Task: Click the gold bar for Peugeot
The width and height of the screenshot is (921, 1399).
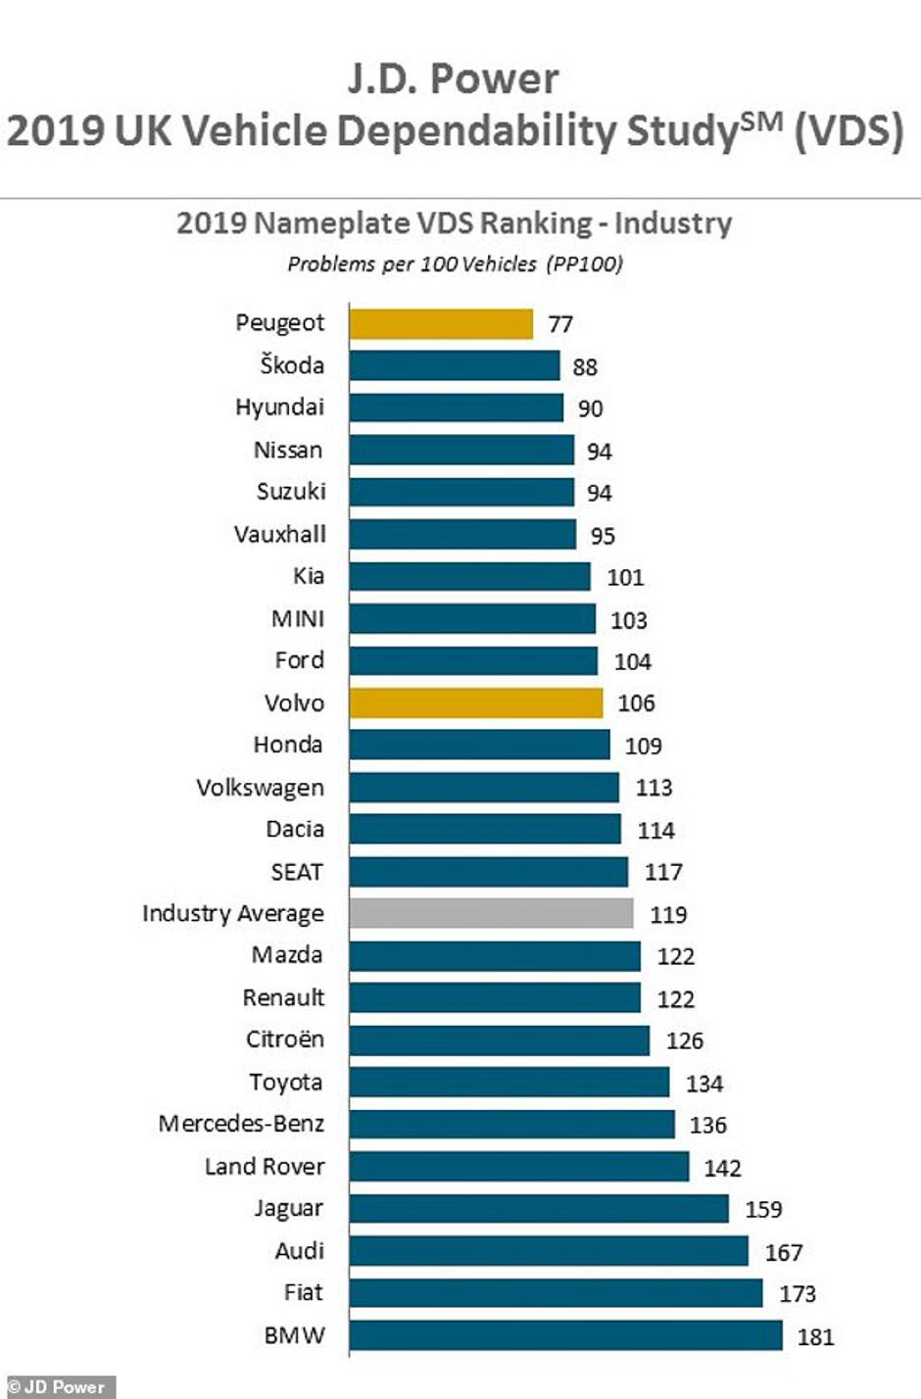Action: [441, 324]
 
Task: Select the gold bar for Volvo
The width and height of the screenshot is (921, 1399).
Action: [476, 703]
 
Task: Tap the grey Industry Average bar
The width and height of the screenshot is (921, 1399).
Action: [491, 914]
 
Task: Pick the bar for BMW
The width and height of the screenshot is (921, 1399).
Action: [565, 1335]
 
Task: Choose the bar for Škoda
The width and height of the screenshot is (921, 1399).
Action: [455, 366]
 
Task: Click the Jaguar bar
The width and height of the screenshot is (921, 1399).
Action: [539, 1209]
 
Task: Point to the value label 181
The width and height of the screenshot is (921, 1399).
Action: [815, 1336]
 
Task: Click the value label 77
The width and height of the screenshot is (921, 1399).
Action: [560, 324]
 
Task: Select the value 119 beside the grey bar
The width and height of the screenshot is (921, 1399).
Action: [668, 915]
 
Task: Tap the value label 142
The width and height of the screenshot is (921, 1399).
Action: [722, 1168]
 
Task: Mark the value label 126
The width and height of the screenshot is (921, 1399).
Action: [685, 1040]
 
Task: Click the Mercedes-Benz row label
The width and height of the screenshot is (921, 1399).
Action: [241, 1124]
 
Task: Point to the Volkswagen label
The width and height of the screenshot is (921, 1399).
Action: [260, 788]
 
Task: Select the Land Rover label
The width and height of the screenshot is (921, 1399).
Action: [265, 1167]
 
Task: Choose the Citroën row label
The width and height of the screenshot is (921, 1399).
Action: [284, 1039]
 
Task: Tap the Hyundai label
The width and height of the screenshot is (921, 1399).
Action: [279, 408]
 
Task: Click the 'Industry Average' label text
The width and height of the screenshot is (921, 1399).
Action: [233, 914]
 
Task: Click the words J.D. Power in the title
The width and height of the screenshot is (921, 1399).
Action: [454, 79]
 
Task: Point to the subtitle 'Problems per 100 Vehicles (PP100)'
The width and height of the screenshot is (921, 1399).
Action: [455, 264]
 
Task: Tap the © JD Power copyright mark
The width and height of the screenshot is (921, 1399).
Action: [57, 1387]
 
